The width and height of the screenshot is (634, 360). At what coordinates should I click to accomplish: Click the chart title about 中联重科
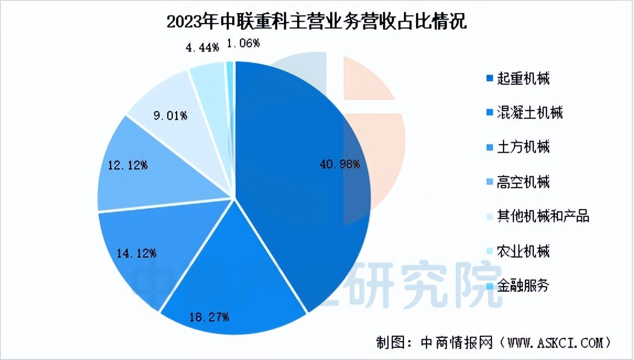pyautogui.click(x=316, y=22)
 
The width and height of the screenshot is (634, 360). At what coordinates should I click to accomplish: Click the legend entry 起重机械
pyautogui.click(x=523, y=79)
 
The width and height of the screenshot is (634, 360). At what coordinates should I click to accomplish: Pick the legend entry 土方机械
pyautogui.click(x=523, y=148)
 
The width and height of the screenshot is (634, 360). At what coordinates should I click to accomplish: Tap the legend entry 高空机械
pyautogui.click(x=523, y=182)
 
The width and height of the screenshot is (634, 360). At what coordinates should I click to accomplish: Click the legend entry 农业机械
pyautogui.click(x=523, y=252)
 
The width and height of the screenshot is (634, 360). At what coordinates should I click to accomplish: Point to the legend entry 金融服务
pyautogui.click(x=523, y=286)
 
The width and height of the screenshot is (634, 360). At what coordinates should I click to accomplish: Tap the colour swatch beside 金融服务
pyautogui.click(x=489, y=287)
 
